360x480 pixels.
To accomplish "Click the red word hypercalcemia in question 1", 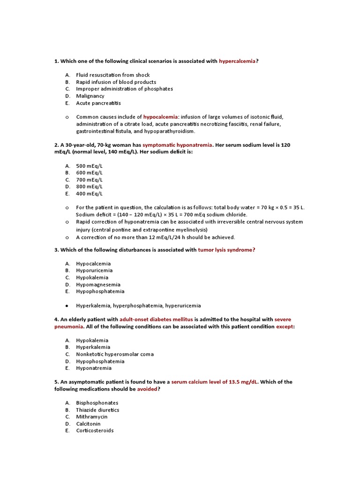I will (x=237, y=61).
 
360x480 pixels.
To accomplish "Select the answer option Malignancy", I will (x=90, y=96).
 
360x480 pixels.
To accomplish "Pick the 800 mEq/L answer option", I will (x=89, y=187).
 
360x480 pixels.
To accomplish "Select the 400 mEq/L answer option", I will (x=89, y=194).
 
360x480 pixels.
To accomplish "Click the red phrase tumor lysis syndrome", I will (x=226, y=250).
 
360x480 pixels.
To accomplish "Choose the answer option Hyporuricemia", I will (x=94, y=270).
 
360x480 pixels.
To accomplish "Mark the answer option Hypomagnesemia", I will (x=98, y=285).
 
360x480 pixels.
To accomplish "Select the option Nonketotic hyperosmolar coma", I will (x=115, y=354).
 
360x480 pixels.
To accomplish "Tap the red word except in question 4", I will (x=285, y=327).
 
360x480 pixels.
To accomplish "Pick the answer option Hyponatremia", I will (x=94, y=368).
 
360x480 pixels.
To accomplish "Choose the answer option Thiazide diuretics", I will (x=97, y=410).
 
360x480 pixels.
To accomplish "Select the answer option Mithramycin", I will (x=91, y=417).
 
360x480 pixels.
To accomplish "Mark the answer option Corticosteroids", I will (x=95, y=431).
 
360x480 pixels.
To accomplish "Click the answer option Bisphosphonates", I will (x=97, y=403).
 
